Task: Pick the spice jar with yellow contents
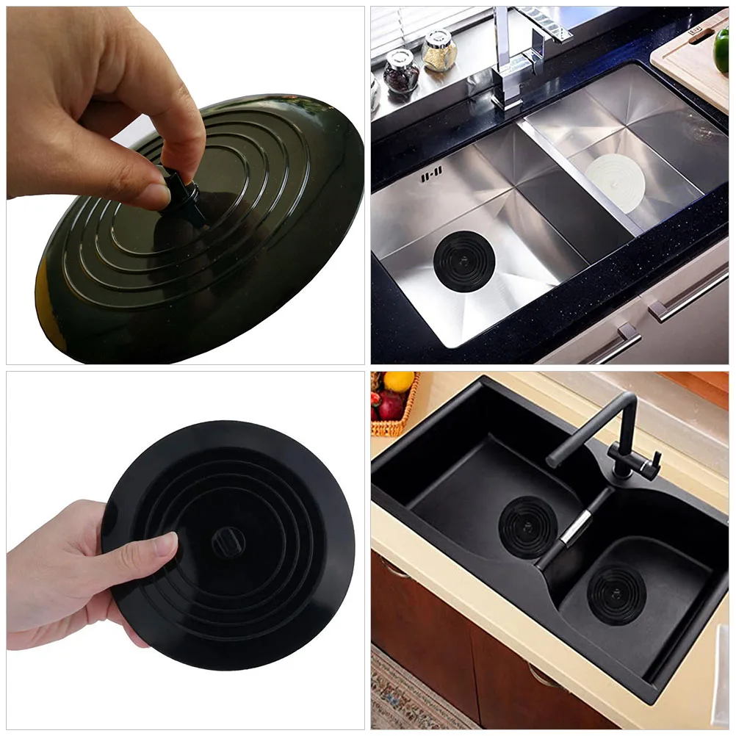[x=439, y=51]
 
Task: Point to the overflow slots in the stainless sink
[x=431, y=176]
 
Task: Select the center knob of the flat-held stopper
[x=226, y=541]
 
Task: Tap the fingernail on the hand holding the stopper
[x=167, y=544]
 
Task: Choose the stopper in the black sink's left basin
[x=528, y=526]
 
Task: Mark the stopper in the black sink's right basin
[x=616, y=594]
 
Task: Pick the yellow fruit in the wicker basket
[x=399, y=382]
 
